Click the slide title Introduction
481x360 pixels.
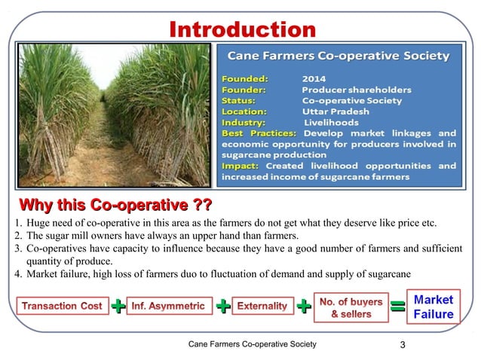click(242, 29)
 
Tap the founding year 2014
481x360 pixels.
click(314, 77)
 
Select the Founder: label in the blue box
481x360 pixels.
click(244, 88)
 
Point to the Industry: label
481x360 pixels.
click(243, 122)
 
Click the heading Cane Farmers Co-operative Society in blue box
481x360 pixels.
click(339, 56)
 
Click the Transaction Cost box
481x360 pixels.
click(63, 306)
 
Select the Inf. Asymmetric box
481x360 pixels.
click(168, 306)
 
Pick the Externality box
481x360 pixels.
click(262, 306)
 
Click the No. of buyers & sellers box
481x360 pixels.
click(351, 307)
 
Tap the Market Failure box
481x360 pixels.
click(434, 307)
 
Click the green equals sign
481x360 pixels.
click(398, 307)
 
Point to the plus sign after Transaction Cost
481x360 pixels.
click(118, 307)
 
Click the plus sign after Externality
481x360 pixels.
click(303, 307)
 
